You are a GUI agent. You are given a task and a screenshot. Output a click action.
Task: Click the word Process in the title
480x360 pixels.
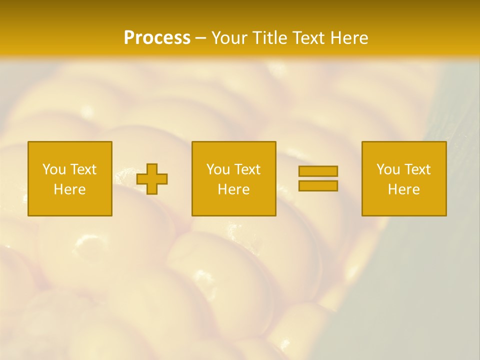tap(157, 38)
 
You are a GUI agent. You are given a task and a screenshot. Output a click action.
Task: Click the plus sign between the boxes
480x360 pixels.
tap(152, 179)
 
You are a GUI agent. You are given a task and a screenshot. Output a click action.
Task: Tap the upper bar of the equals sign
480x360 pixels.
tap(318, 171)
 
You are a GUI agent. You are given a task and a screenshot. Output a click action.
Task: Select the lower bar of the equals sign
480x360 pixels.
tap(318, 185)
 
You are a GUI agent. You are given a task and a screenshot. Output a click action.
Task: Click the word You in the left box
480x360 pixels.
tap(54, 169)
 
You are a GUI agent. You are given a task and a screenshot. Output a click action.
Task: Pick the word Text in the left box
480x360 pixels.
tap(82, 169)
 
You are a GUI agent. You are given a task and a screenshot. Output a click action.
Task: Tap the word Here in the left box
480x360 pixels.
tap(69, 189)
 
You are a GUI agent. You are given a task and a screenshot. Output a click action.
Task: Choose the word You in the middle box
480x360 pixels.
tap(218, 169)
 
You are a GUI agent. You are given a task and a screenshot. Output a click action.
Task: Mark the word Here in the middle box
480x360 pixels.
tap(233, 189)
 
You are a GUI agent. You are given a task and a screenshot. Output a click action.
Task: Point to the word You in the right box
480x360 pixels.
tap(388, 169)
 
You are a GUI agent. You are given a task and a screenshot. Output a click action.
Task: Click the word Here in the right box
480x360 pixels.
tap(403, 189)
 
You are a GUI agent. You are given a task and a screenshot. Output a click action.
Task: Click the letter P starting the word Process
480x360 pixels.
tap(129, 38)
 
